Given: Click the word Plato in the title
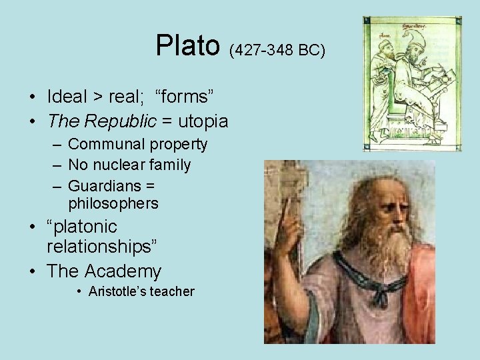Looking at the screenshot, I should (x=187, y=46).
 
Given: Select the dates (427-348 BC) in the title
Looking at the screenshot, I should (x=277, y=50).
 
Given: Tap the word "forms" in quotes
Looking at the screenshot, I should (x=185, y=97).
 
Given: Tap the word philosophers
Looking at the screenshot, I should (x=113, y=203).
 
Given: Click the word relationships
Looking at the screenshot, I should (x=102, y=247).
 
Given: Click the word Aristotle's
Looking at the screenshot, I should (x=116, y=291).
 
